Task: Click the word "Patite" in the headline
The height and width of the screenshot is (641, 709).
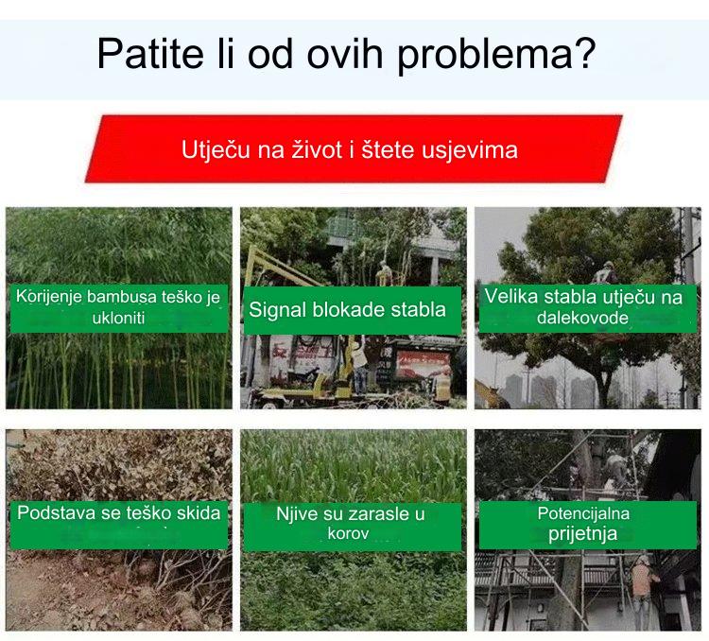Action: pos(150,54)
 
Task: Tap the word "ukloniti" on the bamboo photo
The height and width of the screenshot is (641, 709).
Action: pos(118,318)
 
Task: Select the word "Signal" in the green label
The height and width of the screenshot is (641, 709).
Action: pos(278,311)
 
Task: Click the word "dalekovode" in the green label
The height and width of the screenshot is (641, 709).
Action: pos(582,318)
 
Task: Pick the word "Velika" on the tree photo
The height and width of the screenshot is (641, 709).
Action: pos(511,297)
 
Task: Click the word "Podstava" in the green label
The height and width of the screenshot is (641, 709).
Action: pos(56,513)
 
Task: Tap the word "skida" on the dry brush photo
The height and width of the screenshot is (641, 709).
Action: pos(199,513)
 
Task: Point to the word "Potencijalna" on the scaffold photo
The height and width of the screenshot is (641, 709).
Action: pos(583,513)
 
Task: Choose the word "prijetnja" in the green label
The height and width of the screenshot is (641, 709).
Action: pos(582,534)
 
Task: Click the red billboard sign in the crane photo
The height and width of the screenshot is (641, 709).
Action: pos(422,363)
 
